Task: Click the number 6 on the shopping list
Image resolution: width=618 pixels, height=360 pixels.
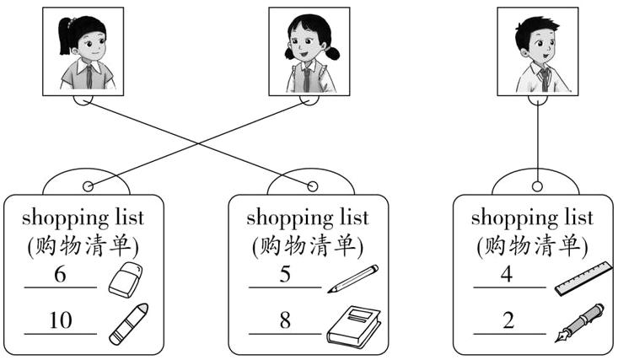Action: pos(59,276)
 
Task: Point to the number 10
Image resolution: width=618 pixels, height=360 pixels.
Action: pos(61,320)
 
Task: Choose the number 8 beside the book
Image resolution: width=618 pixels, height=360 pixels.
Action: pos(285,320)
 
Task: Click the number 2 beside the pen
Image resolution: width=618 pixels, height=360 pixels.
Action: pos(507,320)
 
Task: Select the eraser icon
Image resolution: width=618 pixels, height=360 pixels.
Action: pos(126,279)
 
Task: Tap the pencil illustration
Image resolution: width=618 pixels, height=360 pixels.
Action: pos(352,278)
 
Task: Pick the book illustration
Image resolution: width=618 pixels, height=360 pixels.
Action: pos(353,325)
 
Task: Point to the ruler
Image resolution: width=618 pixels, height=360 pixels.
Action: pos(583,278)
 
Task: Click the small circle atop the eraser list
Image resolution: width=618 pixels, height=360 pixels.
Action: pos(87,186)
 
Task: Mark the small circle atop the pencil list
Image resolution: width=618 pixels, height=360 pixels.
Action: pos(312,185)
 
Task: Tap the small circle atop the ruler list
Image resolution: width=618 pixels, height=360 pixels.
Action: pos(537,185)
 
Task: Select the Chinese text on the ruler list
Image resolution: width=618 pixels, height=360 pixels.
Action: pos(532,246)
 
